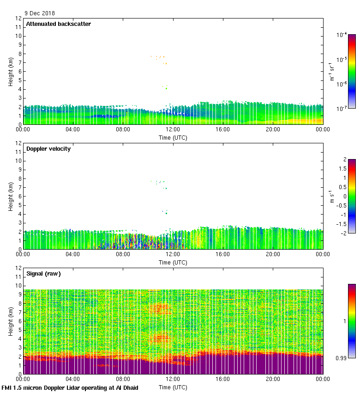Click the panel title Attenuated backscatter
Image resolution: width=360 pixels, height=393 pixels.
click(x=58, y=24)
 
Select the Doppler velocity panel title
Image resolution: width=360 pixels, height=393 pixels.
click(x=48, y=148)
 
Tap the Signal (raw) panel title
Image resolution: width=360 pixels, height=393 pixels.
click(x=43, y=273)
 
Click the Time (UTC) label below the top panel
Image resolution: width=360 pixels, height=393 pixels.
click(x=173, y=137)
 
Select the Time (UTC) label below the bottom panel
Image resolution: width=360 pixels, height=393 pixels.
click(x=173, y=387)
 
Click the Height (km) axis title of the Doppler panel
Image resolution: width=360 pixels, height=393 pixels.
click(x=10, y=196)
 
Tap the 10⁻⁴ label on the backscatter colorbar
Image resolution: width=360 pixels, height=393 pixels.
click(x=342, y=35)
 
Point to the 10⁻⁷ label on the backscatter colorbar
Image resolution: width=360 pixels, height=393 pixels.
click(x=342, y=109)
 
